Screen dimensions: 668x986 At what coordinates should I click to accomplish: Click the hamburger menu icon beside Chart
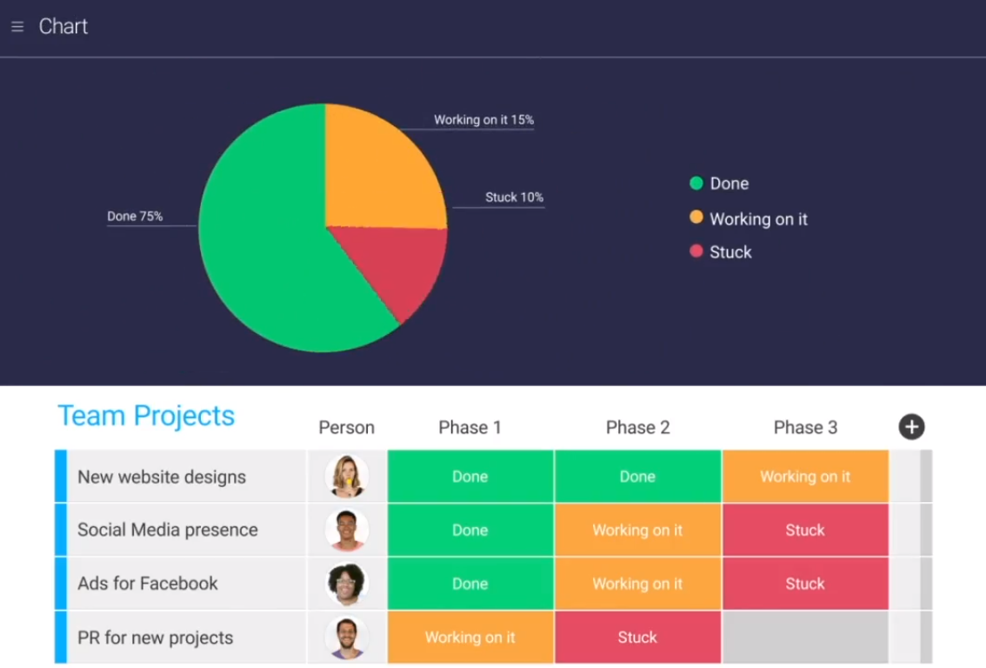point(17,27)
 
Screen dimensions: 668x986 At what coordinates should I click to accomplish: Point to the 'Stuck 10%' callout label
point(514,197)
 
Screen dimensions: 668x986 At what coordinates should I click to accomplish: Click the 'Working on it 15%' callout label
point(483,120)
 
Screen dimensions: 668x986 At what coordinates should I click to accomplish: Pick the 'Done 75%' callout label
point(135,217)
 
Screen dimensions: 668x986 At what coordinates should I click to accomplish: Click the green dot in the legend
point(696,184)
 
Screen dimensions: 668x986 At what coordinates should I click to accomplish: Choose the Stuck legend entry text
point(730,252)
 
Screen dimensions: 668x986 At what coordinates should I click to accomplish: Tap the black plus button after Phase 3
point(911,427)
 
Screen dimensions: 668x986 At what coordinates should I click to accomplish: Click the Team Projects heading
point(146,416)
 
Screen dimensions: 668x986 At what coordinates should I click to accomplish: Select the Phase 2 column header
point(637,427)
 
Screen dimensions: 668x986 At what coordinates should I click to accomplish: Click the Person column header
point(346,427)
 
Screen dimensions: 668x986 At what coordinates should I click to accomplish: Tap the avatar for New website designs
point(347,477)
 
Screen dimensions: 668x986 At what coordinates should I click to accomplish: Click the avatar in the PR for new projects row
point(347,638)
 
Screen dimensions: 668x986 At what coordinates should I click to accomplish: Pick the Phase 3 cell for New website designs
point(805,477)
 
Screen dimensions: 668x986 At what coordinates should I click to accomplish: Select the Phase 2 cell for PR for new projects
point(637,638)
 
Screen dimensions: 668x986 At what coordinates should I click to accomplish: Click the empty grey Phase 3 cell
point(805,638)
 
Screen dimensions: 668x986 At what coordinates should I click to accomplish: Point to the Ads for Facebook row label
point(148,584)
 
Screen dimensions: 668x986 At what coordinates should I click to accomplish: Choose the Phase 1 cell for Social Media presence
point(470,530)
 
